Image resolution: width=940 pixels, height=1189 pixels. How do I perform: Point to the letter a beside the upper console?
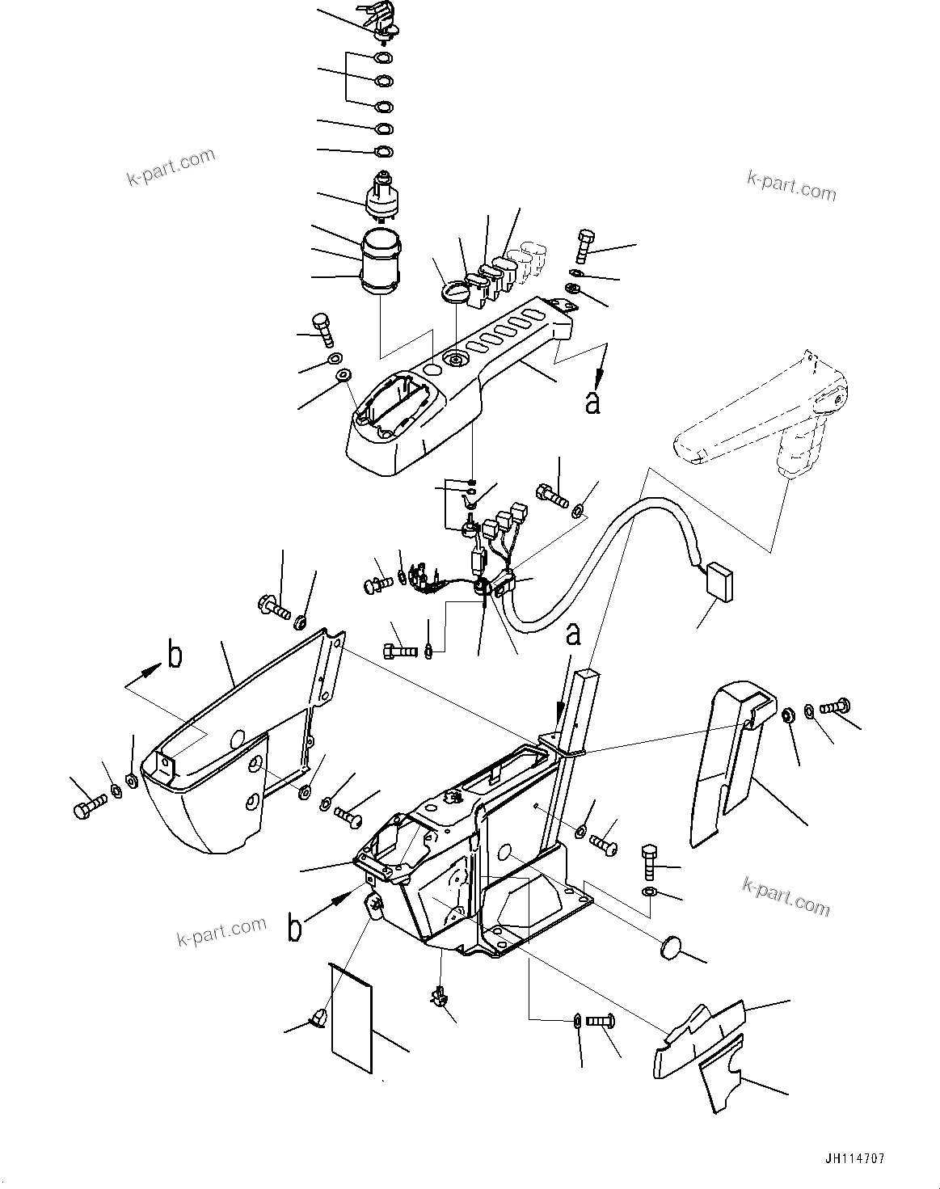tap(592, 402)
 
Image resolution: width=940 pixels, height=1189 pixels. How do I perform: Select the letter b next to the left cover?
tap(174, 656)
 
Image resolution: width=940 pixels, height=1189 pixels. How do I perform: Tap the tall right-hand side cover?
tap(727, 760)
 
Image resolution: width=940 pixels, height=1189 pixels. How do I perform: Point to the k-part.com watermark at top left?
tap(171, 166)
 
